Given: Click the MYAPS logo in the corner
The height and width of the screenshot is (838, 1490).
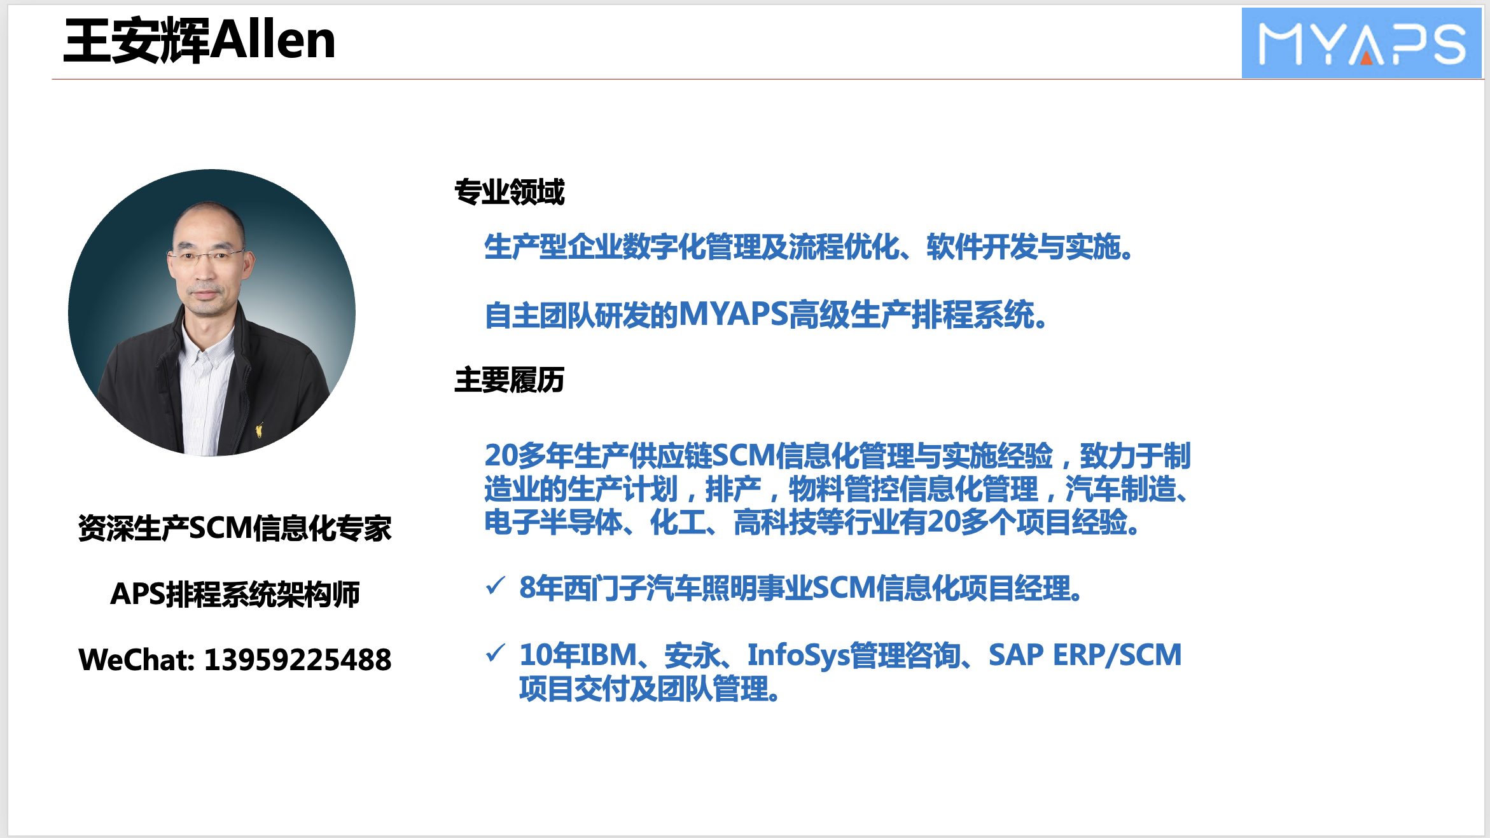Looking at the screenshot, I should (1361, 43).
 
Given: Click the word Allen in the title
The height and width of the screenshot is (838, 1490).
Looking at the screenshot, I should (272, 40).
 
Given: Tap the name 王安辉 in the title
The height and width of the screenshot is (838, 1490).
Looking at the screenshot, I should (136, 41).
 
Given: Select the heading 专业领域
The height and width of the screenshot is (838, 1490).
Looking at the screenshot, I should (509, 192).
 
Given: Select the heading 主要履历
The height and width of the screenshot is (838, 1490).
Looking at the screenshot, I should (509, 380).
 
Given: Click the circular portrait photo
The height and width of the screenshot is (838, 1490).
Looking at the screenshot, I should (212, 312).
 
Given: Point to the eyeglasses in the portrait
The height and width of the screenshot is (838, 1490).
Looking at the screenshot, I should (205, 257).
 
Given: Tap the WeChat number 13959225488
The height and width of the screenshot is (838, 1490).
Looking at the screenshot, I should (297, 660).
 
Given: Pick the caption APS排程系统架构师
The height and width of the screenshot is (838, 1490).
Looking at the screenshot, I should (235, 594).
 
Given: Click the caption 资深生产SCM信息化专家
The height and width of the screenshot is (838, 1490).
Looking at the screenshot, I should (235, 528).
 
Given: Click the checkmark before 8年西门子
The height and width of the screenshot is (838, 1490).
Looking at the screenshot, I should (495, 585).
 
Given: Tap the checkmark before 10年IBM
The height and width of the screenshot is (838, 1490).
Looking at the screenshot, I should (495, 652).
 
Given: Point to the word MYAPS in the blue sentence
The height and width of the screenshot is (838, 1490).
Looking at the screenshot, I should (734, 314).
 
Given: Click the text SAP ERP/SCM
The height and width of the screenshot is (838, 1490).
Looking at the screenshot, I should (1085, 655).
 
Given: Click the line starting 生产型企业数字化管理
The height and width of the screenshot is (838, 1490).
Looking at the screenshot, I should (808, 247).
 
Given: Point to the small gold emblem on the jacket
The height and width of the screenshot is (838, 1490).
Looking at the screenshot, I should (259, 430).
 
